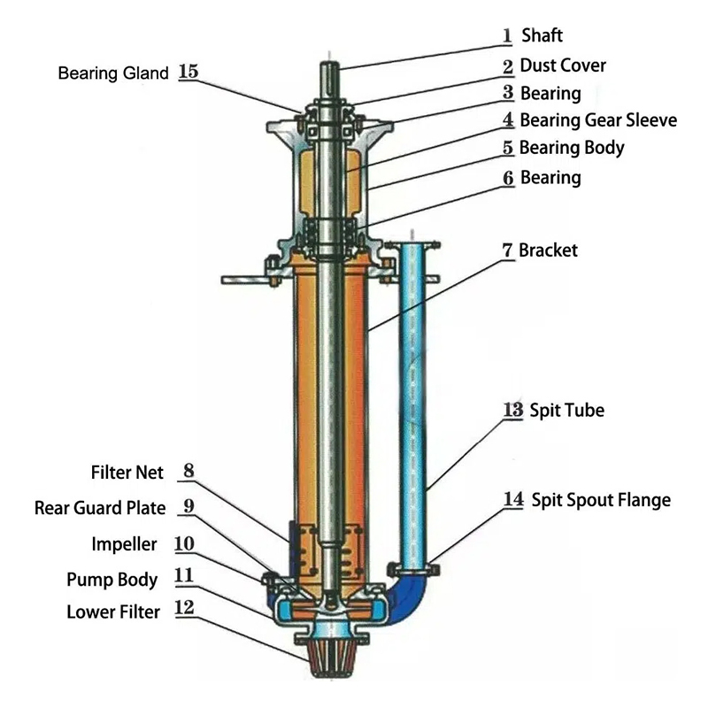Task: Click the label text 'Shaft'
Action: pos(542,36)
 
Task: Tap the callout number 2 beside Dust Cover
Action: pos(508,66)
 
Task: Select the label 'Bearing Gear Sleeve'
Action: pos(597,120)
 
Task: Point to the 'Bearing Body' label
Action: pos(571,148)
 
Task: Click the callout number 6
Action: pos(508,178)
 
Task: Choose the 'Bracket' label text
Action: pos(548,250)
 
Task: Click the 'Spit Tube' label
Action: pos(566,411)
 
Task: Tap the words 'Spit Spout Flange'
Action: pos(600,500)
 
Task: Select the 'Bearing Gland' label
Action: pos(112,73)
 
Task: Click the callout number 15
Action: pos(189,73)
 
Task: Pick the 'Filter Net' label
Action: pos(127,473)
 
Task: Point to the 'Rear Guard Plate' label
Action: pos(100,508)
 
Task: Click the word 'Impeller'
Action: pos(124,543)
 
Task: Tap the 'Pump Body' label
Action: pos(112,580)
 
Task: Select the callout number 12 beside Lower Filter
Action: pos(185,611)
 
